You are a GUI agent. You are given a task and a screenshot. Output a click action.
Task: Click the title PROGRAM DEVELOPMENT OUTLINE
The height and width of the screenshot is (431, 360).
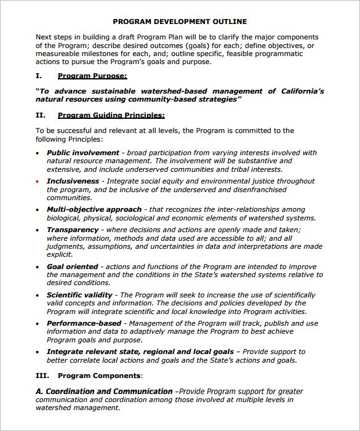click(180, 21)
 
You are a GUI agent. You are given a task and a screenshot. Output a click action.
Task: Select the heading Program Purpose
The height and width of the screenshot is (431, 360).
click(92, 76)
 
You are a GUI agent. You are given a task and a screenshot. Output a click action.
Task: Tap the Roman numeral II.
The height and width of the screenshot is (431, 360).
click(40, 115)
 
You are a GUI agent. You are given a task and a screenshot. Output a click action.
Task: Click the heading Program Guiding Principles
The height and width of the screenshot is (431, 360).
click(111, 115)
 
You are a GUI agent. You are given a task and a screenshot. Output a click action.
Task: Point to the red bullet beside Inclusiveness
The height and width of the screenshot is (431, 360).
click(38, 182)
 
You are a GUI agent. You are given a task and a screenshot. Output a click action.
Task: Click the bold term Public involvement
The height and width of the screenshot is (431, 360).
click(83, 153)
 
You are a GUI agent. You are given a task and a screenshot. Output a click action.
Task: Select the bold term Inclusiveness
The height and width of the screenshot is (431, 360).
click(73, 182)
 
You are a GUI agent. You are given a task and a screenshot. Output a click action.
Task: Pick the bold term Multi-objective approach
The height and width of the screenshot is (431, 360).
click(94, 209)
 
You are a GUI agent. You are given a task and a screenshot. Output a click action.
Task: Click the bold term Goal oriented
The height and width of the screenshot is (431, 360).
click(72, 267)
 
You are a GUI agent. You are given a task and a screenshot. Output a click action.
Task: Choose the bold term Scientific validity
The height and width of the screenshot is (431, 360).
click(79, 295)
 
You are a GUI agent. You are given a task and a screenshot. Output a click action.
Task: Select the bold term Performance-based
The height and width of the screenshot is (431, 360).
click(84, 323)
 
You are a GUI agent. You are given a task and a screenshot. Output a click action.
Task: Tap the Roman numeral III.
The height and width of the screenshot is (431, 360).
click(41, 375)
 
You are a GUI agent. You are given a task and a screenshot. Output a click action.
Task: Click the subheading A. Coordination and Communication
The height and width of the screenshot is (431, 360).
click(104, 391)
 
